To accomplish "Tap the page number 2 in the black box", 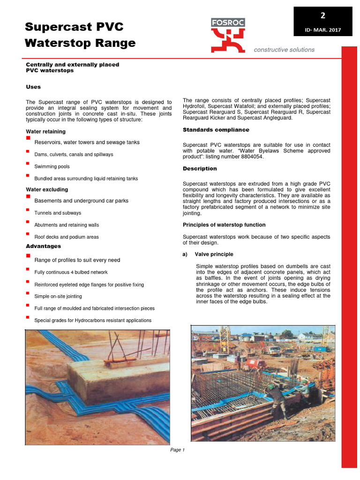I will pos(322,15).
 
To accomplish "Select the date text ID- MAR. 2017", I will pos(322,30).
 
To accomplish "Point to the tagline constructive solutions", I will pos(284,50).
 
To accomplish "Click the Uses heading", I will pos(33,87).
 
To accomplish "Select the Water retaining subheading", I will pos(45,132).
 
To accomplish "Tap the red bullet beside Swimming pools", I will pos(28,164).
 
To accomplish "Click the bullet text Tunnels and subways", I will pos(58,213).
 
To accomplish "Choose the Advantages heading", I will pos(43,246).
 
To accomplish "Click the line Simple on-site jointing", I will pos(58,296).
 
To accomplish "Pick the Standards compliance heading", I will pos(216,129).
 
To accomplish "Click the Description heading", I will pos(199,168).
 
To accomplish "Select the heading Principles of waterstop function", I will pos(224,225).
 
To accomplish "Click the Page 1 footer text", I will pos(177,450).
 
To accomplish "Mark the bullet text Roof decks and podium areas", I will pos(67,237).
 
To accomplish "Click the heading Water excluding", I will pos(46,189).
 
